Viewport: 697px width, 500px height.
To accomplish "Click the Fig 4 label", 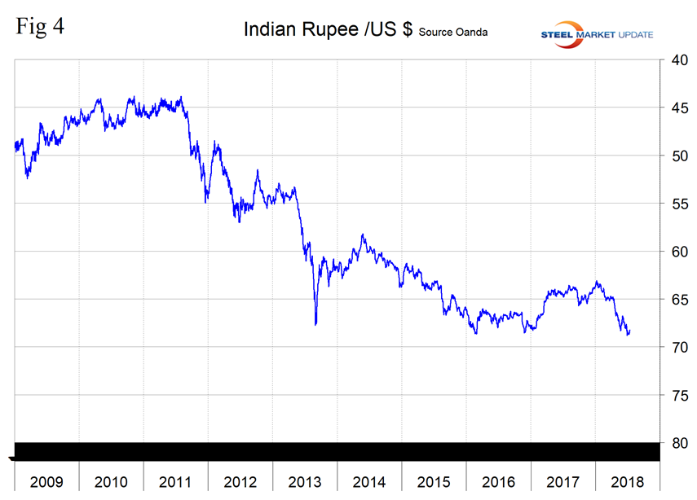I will [x=39, y=27].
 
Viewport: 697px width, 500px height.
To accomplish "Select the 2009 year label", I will [x=46, y=480].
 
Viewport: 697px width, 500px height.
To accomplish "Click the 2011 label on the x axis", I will [x=175, y=480].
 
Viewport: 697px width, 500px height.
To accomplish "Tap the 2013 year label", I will [x=304, y=480].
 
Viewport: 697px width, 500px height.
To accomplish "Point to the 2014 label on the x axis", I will [x=368, y=480].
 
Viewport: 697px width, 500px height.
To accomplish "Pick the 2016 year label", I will [x=498, y=480].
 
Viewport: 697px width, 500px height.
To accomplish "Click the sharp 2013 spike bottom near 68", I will [x=315, y=324].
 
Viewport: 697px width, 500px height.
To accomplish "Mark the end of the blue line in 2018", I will [x=629, y=331].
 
